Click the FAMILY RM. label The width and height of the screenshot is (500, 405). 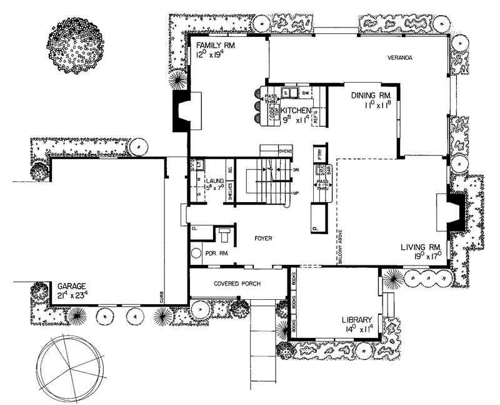[217, 46]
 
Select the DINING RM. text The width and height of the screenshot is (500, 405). [371, 95]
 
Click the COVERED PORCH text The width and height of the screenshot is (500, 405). [237, 283]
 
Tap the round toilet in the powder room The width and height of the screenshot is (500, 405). [196, 255]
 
